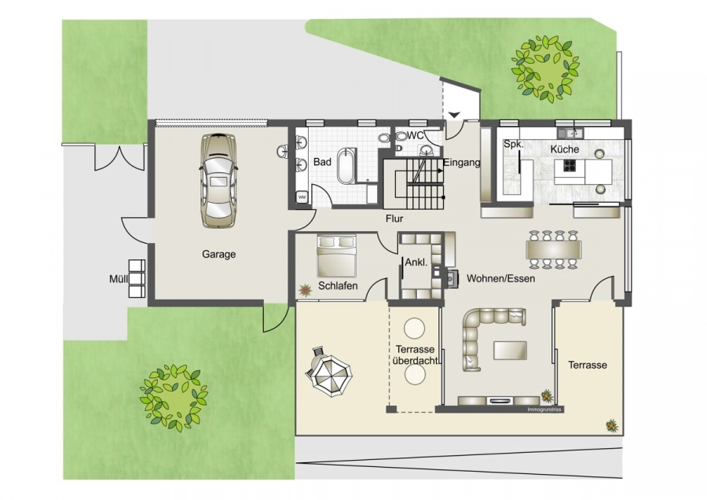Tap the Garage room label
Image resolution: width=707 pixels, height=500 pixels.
218,254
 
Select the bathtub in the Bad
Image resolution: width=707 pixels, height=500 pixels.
346,165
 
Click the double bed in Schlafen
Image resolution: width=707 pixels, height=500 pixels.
337,256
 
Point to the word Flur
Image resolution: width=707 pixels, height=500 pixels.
394,219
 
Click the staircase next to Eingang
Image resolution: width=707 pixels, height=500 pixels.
414,182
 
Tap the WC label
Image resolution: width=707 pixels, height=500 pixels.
416,135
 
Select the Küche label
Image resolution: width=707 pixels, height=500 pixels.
564,149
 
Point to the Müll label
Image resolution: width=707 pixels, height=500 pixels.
119,279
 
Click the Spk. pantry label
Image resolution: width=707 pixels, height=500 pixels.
514,145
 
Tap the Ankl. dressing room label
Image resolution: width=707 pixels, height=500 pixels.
416,263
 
